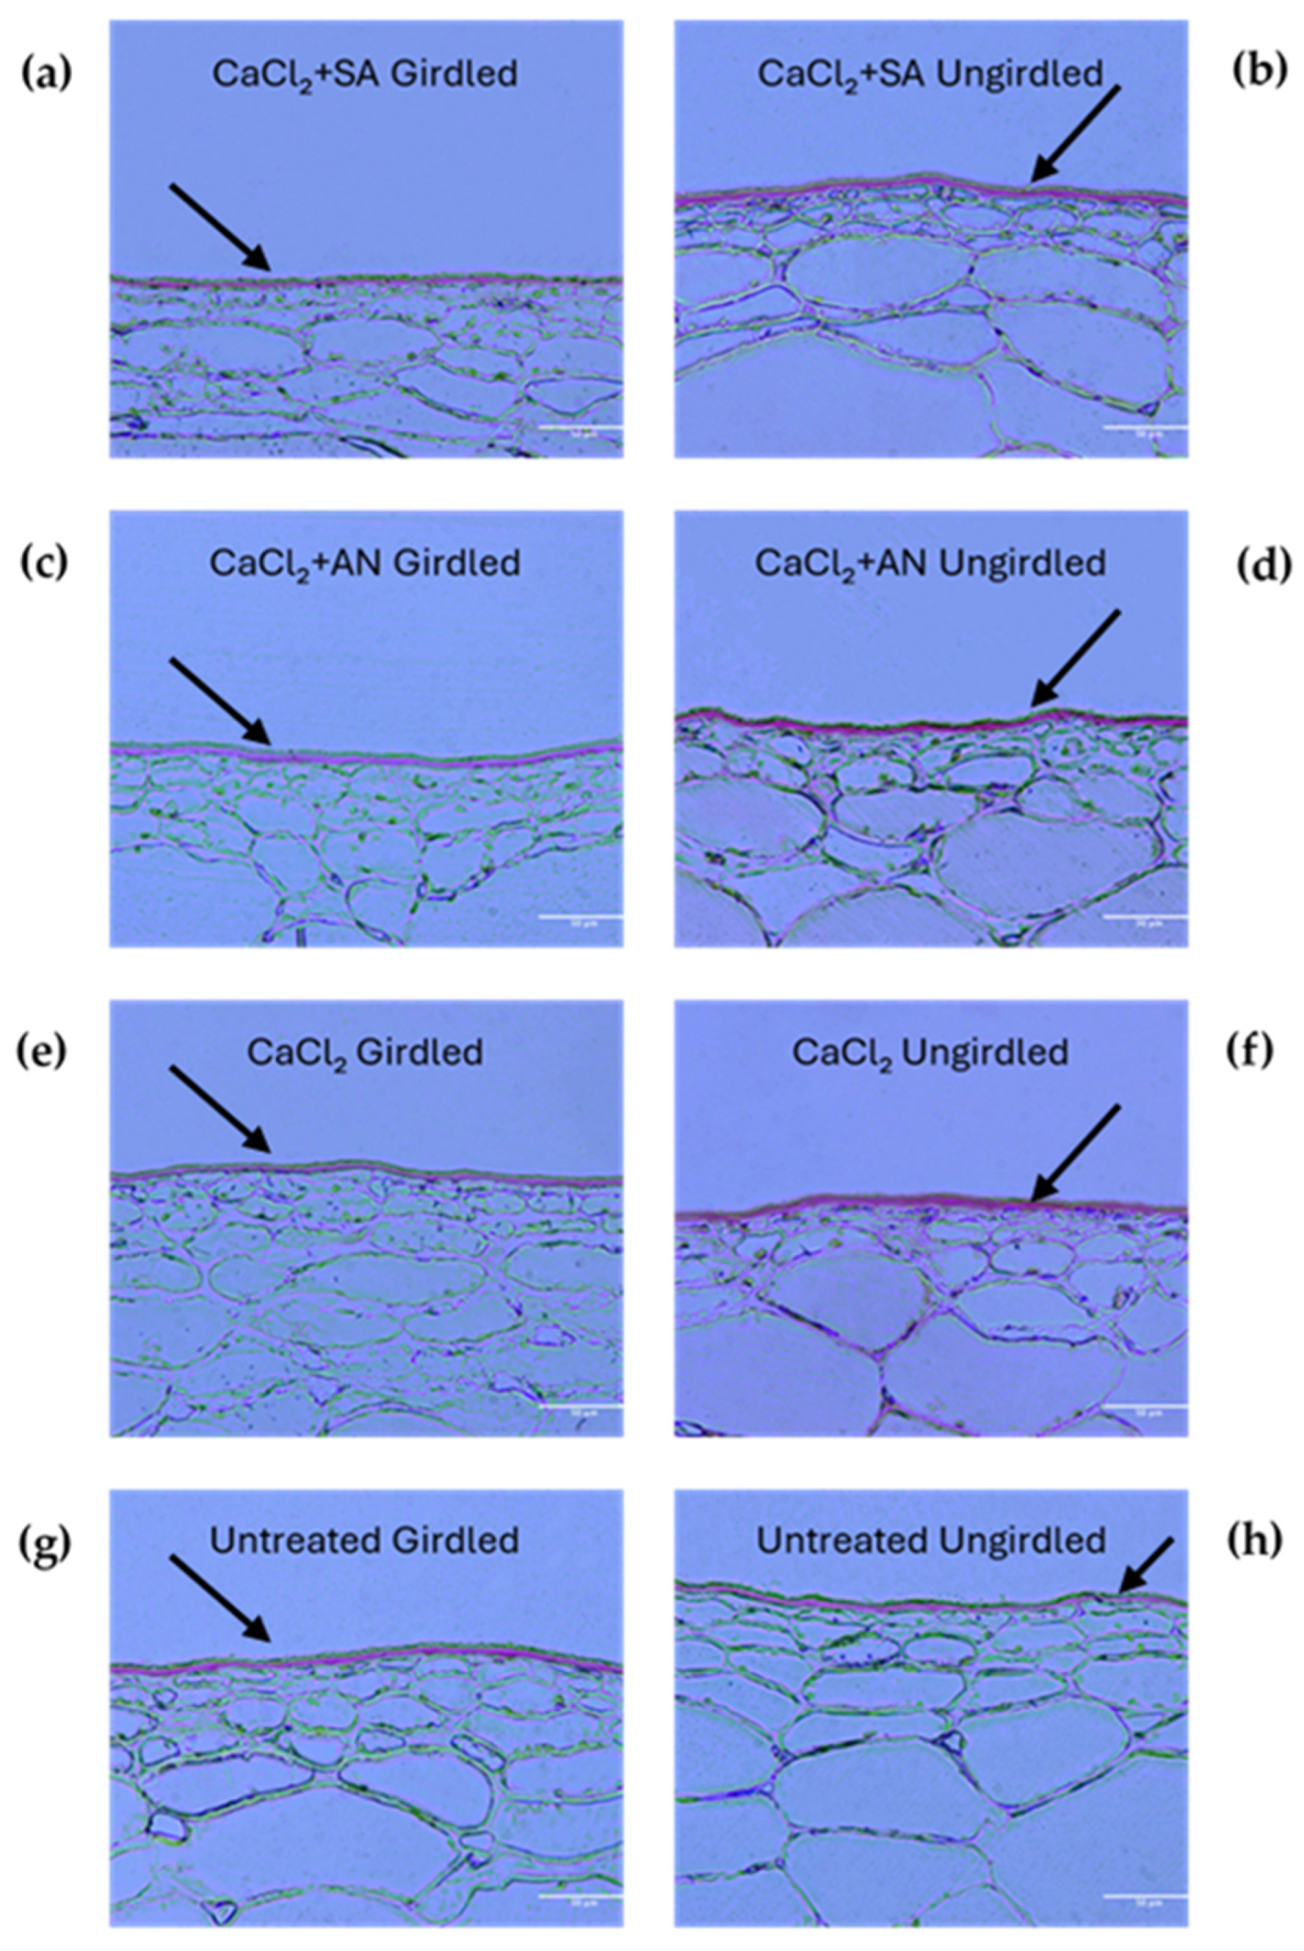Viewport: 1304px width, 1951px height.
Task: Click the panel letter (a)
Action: click(x=46, y=73)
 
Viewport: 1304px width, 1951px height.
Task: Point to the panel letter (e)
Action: click(x=41, y=1052)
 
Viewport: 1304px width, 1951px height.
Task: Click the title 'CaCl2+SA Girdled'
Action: click(x=364, y=74)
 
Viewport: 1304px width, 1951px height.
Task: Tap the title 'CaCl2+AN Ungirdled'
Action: click(x=930, y=564)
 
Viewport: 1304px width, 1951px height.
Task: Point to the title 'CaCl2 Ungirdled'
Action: click(x=930, y=1053)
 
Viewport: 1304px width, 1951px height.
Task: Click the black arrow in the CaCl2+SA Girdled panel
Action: click(x=220, y=227)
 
